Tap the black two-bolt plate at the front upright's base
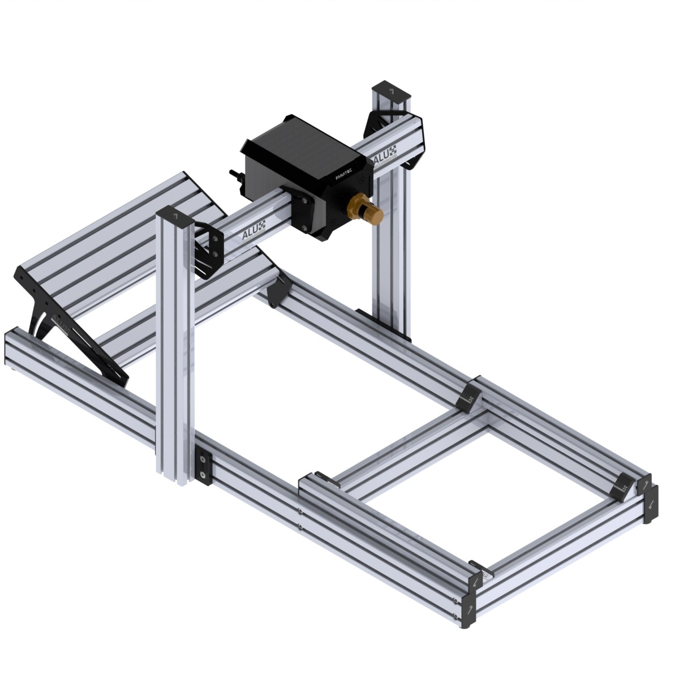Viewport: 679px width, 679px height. [x=203, y=468]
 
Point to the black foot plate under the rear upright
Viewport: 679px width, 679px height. [x=385, y=323]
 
